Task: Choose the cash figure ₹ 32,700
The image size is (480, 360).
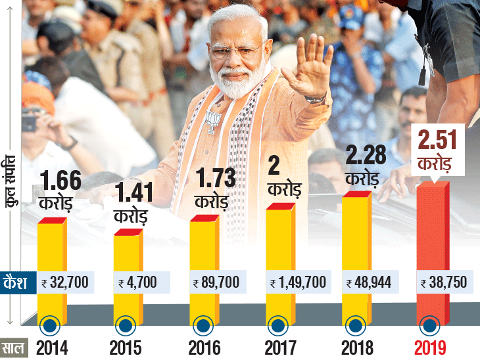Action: tap(65, 283)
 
